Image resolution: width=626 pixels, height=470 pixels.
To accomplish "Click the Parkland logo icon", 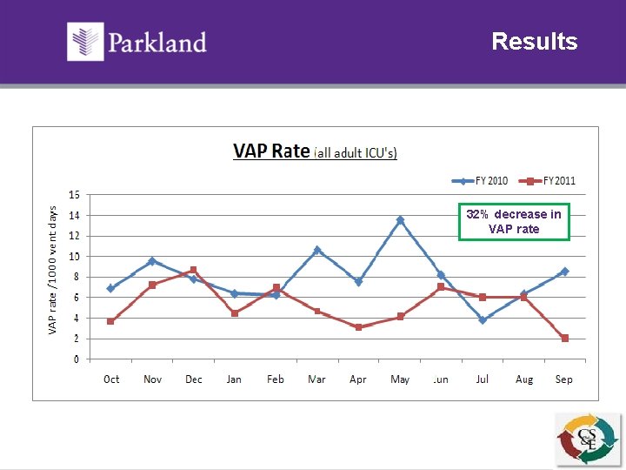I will click(86, 42).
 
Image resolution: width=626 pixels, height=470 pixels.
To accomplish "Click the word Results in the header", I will click(534, 42).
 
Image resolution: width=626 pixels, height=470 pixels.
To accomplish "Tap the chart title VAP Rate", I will click(271, 151).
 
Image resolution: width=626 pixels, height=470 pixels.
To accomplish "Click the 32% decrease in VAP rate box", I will click(514, 221).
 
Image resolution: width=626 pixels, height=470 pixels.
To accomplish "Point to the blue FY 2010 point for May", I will click(400, 220).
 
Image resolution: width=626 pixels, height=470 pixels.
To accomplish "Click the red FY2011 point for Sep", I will click(565, 338).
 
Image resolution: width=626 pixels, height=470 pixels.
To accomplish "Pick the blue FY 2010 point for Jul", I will click(483, 320).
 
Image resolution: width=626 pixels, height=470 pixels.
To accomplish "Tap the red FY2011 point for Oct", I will click(110, 321).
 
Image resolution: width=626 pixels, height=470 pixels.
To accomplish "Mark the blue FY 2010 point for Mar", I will click(317, 250).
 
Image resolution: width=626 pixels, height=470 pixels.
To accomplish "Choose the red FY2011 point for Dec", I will click(193, 270).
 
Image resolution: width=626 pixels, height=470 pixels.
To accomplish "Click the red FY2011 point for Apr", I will click(358, 327).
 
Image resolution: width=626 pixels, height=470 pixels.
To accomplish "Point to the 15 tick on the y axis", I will click(75, 194).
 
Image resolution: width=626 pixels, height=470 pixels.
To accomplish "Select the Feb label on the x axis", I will click(276, 379).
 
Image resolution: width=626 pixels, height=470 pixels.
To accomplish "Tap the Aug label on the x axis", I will click(524, 379).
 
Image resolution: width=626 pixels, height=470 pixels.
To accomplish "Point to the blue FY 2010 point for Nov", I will click(152, 261).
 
